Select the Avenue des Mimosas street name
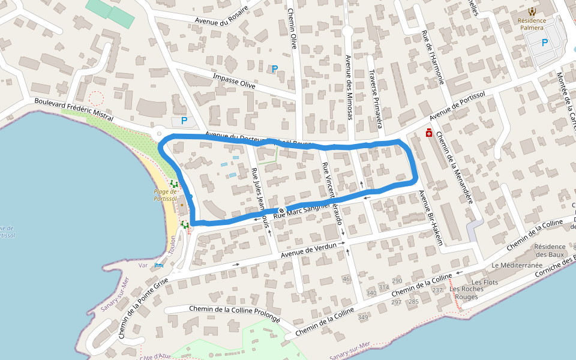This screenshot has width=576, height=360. pyautogui.click(x=349, y=88)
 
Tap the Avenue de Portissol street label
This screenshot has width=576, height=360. pyautogui.click(x=457, y=107)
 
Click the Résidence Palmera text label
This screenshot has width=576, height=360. pyautogui.click(x=531, y=24)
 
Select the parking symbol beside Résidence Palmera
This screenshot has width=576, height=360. pyautogui.click(x=545, y=43)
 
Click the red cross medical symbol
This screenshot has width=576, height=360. pyautogui.click(x=429, y=133)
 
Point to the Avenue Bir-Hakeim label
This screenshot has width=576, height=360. pyautogui.click(x=431, y=218)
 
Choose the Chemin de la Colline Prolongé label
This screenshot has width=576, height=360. pyautogui.click(x=234, y=313)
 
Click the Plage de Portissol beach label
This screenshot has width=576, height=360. pyautogui.click(x=164, y=195)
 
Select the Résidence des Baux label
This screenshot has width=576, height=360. pyautogui.click(x=550, y=250)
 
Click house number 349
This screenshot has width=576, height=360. pyautogui.click(x=362, y=317)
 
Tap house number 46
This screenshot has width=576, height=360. pyautogui.click(x=346, y=279)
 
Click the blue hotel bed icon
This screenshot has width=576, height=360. pyautogui.click(x=158, y=265)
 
